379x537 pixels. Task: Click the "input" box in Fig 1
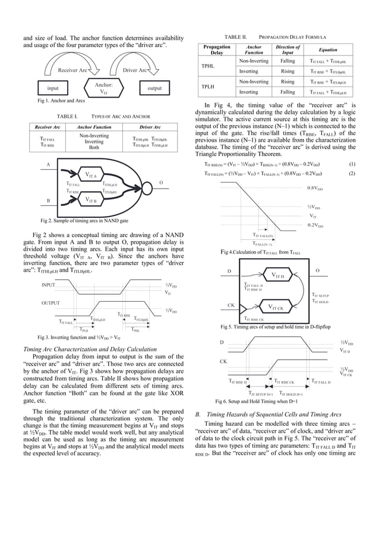52,88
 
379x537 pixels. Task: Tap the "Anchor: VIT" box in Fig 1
101,88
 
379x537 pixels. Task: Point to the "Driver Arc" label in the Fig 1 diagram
135,70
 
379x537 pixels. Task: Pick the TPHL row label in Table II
209,66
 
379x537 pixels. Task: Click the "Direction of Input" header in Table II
288,50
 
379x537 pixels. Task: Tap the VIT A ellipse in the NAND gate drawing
91,176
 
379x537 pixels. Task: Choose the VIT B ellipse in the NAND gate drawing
91,200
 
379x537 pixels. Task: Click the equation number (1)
352,164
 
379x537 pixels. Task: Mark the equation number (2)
352,173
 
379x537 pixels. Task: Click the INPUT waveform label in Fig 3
52,285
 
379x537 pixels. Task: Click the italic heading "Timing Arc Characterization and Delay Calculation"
89,349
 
